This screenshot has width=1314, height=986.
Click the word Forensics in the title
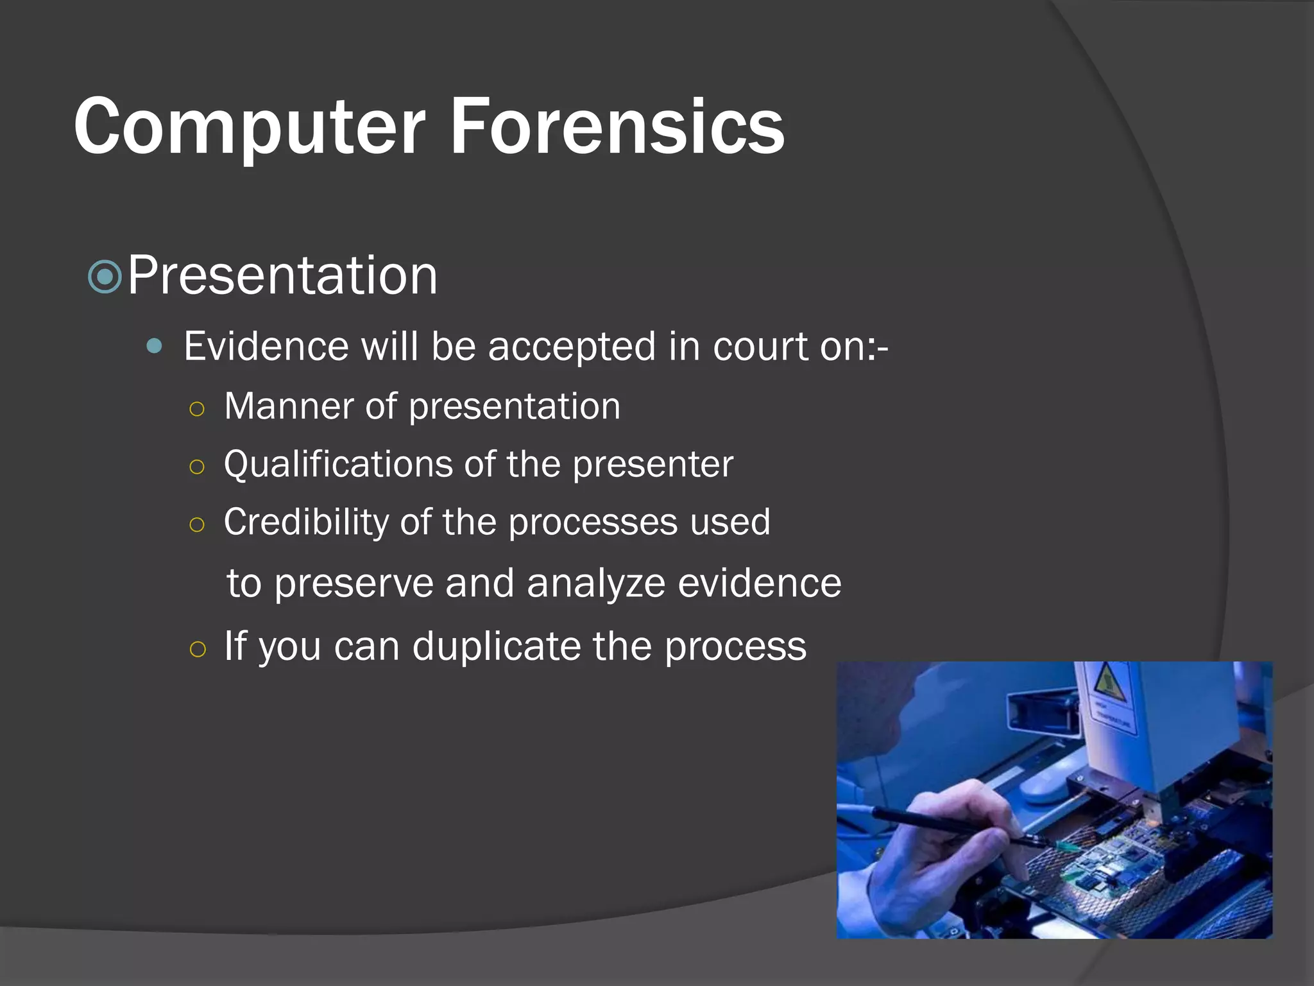click(617, 126)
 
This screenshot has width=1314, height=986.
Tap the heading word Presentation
click(282, 275)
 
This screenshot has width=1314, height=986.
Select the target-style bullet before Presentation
click(105, 277)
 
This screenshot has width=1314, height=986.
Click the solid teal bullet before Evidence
click(154, 347)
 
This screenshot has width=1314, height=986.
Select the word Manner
click(289, 406)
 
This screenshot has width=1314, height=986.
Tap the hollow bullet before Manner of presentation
click(197, 409)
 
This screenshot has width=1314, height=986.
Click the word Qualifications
click(338, 464)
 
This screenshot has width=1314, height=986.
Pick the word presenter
click(653, 464)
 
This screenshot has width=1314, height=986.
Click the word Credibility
click(305, 521)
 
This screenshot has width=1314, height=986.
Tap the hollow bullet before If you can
click(198, 649)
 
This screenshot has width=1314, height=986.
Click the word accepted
click(572, 347)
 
